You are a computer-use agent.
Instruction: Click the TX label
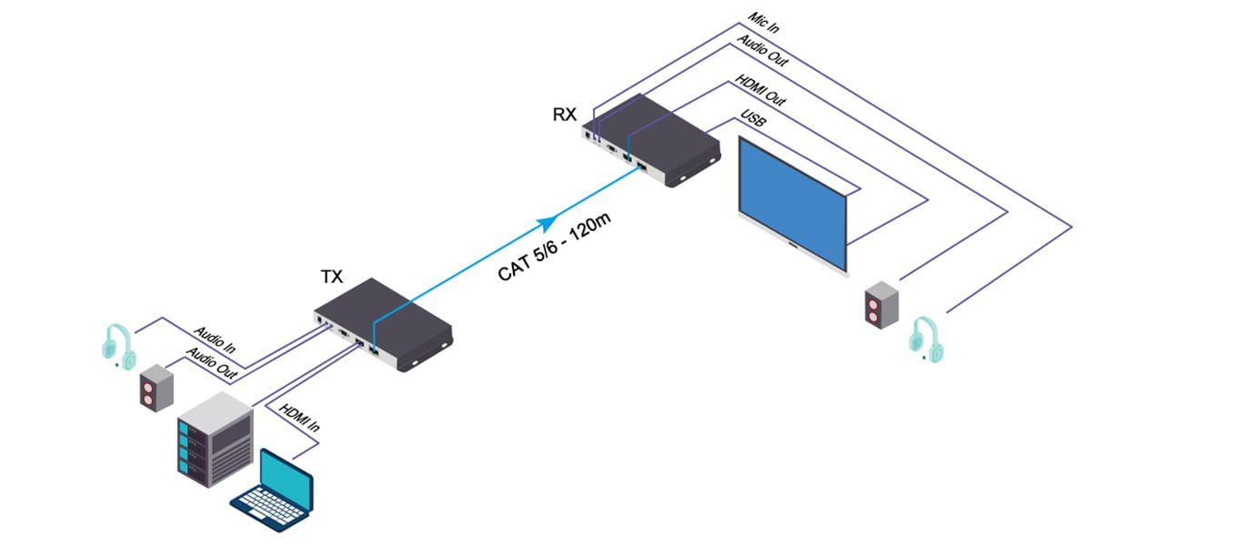[x=332, y=277]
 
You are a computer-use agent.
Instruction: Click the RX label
[x=565, y=115]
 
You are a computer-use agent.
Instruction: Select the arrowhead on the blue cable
[x=547, y=221]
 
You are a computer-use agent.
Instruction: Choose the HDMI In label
[x=300, y=419]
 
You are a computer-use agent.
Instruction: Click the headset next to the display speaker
[x=926, y=339]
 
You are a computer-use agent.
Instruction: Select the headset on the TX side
[x=119, y=347]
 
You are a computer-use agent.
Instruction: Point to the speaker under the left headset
[x=155, y=387]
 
